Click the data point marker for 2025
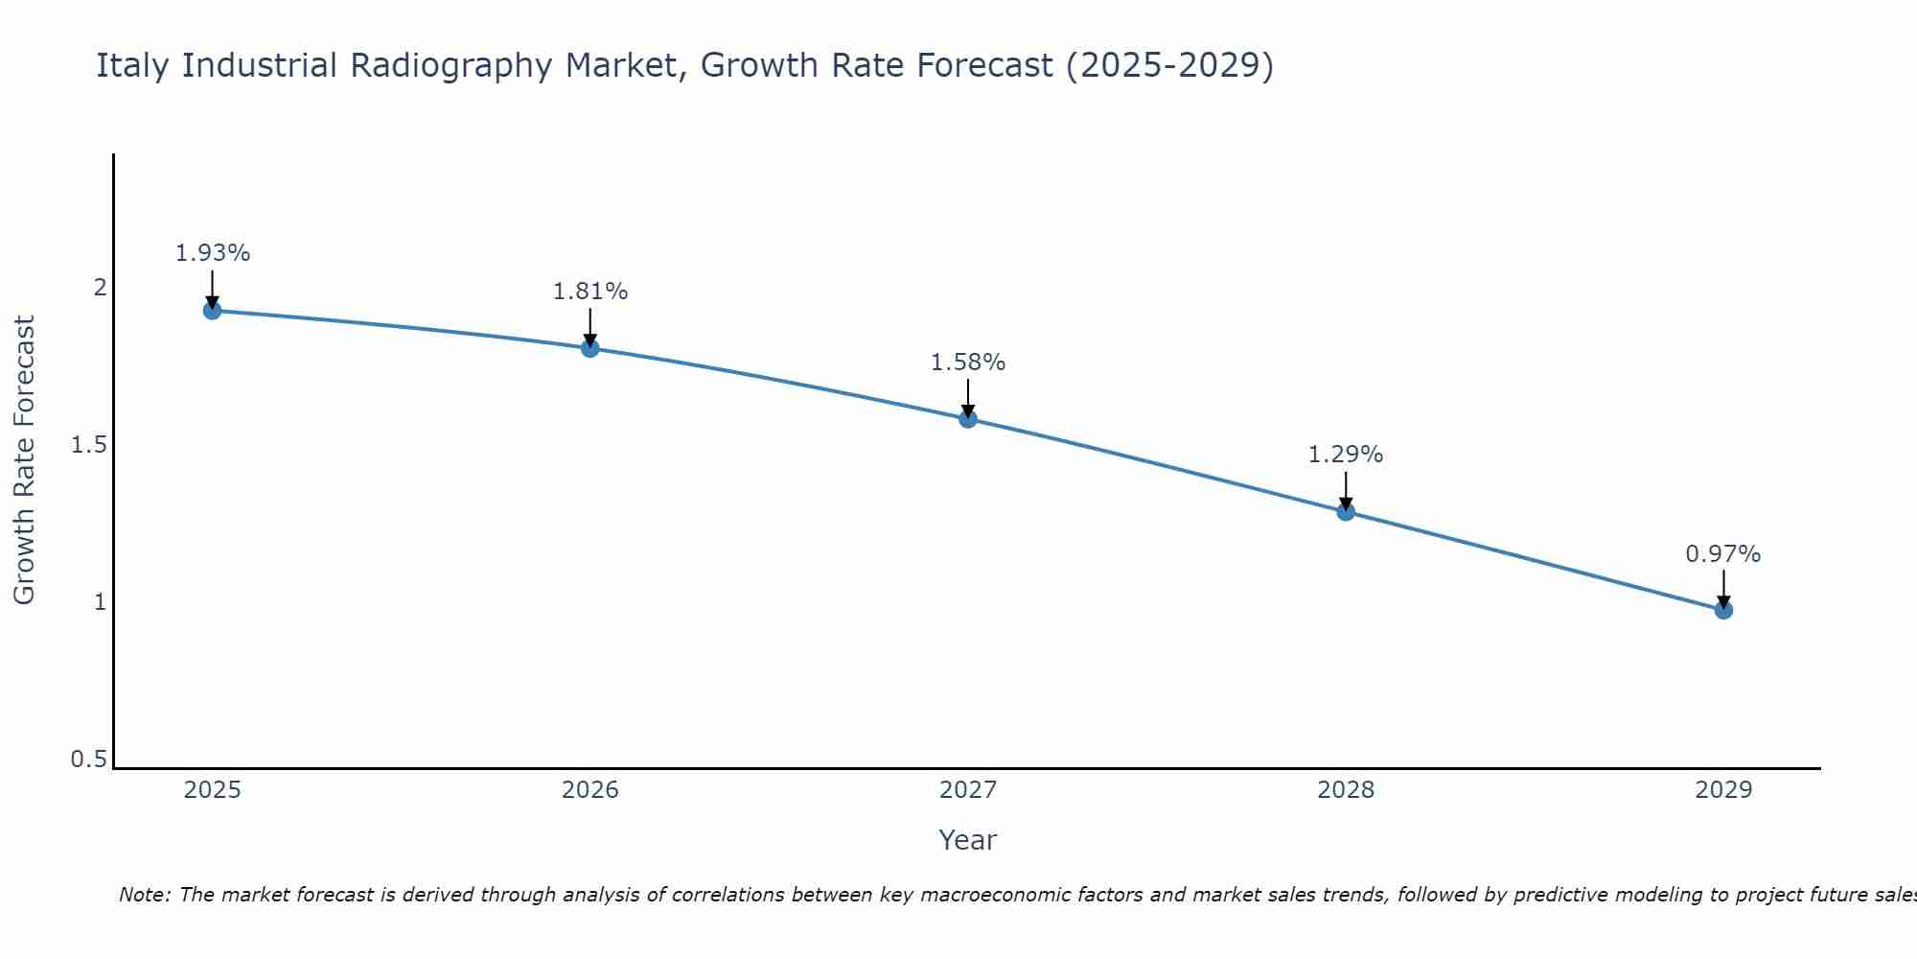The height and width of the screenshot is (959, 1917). click(213, 310)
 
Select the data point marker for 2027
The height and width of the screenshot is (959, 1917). click(968, 418)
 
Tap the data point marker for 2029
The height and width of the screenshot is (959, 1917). click(1723, 610)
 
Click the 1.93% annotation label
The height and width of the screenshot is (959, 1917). click(213, 253)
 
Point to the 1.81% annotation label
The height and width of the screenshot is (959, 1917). click(590, 292)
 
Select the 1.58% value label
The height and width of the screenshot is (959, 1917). click(968, 363)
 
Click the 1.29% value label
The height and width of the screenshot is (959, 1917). click(1346, 455)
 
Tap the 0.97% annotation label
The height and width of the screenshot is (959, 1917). click(1723, 554)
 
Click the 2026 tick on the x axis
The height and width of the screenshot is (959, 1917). click(590, 790)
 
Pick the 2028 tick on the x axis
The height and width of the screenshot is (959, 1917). click(1346, 790)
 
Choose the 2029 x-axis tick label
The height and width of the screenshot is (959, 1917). click(1723, 790)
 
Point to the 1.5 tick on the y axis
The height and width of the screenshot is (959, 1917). click(88, 445)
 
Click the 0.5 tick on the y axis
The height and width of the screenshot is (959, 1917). click(88, 760)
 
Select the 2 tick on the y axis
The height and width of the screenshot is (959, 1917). click(99, 287)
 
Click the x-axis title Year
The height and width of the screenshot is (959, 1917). click(968, 840)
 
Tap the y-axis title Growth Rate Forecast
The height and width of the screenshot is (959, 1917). click(24, 460)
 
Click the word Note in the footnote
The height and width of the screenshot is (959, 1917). click(143, 895)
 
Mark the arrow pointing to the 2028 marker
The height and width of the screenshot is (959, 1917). click(1346, 490)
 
